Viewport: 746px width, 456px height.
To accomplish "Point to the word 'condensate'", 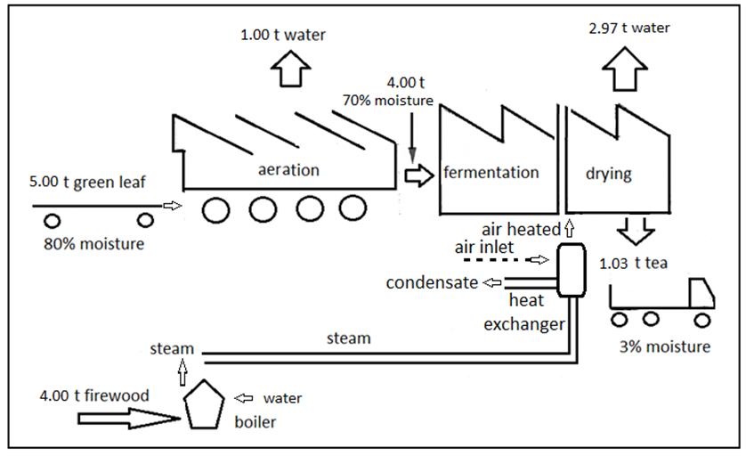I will [429, 283].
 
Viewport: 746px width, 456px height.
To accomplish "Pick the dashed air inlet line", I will [494, 261].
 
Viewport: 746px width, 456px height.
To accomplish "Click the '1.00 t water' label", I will [283, 36].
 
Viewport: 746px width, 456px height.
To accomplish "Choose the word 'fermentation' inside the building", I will [491, 173].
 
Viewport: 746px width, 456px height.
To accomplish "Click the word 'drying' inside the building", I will [608, 174].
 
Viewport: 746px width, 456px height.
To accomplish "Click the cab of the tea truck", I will [700, 295].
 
